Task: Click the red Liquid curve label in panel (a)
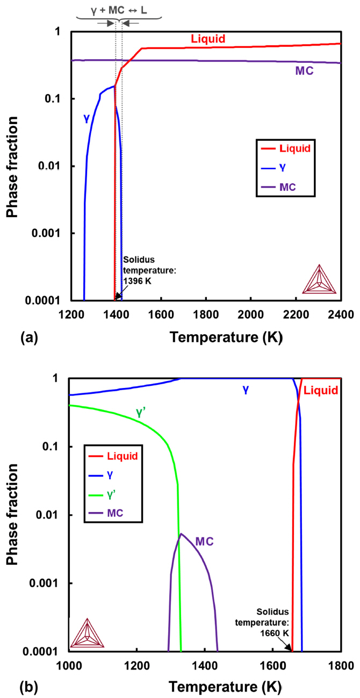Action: pyautogui.click(x=208, y=39)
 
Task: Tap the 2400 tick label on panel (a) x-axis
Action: pyautogui.click(x=340, y=313)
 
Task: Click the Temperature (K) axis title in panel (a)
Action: pyautogui.click(x=225, y=337)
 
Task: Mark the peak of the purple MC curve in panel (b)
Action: pyautogui.click(x=181, y=534)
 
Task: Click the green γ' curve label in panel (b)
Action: pyautogui.click(x=141, y=414)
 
